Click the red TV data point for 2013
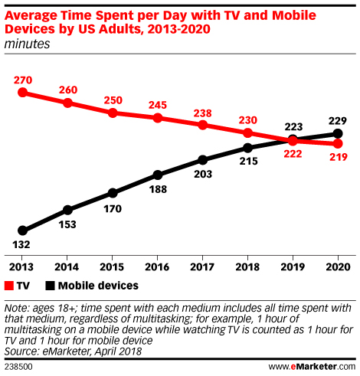click(22, 93)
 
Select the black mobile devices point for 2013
click(22, 231)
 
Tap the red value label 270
click(23, 79)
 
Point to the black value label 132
click(23, 245)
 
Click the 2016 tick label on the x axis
click(157, 266)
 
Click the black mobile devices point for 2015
click(113, 192)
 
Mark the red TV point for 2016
click(157, 118)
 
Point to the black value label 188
click(158, 188)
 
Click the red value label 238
click(202, 111)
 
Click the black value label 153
click(68, 224)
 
